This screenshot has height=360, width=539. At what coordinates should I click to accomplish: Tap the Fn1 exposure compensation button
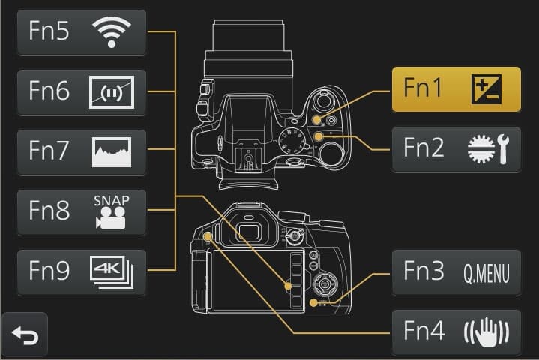click(456, 89)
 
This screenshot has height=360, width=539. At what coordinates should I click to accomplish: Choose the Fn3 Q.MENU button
click(456, 272)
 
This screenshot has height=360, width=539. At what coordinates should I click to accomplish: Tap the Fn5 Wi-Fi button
click(81, 32)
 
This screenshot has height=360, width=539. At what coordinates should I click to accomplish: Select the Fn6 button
click(81, 92)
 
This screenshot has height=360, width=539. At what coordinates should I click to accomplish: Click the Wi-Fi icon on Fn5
click(111, 32)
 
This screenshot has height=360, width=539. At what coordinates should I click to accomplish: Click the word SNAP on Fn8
click(111, 201)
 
